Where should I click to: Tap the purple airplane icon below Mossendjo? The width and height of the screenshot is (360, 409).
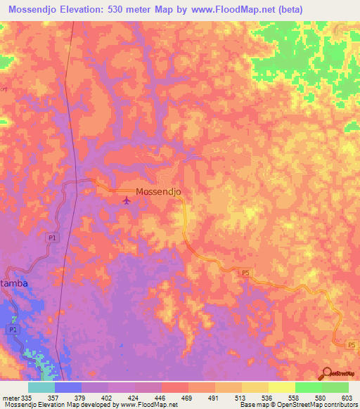pos(127,202)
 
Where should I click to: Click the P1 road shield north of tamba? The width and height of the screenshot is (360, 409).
pos(51,238)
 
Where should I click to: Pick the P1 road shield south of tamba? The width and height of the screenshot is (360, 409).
pos(13,329)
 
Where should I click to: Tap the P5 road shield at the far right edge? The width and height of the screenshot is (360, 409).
pos(352,344)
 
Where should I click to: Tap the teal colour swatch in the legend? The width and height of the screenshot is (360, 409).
pos(41,387)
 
